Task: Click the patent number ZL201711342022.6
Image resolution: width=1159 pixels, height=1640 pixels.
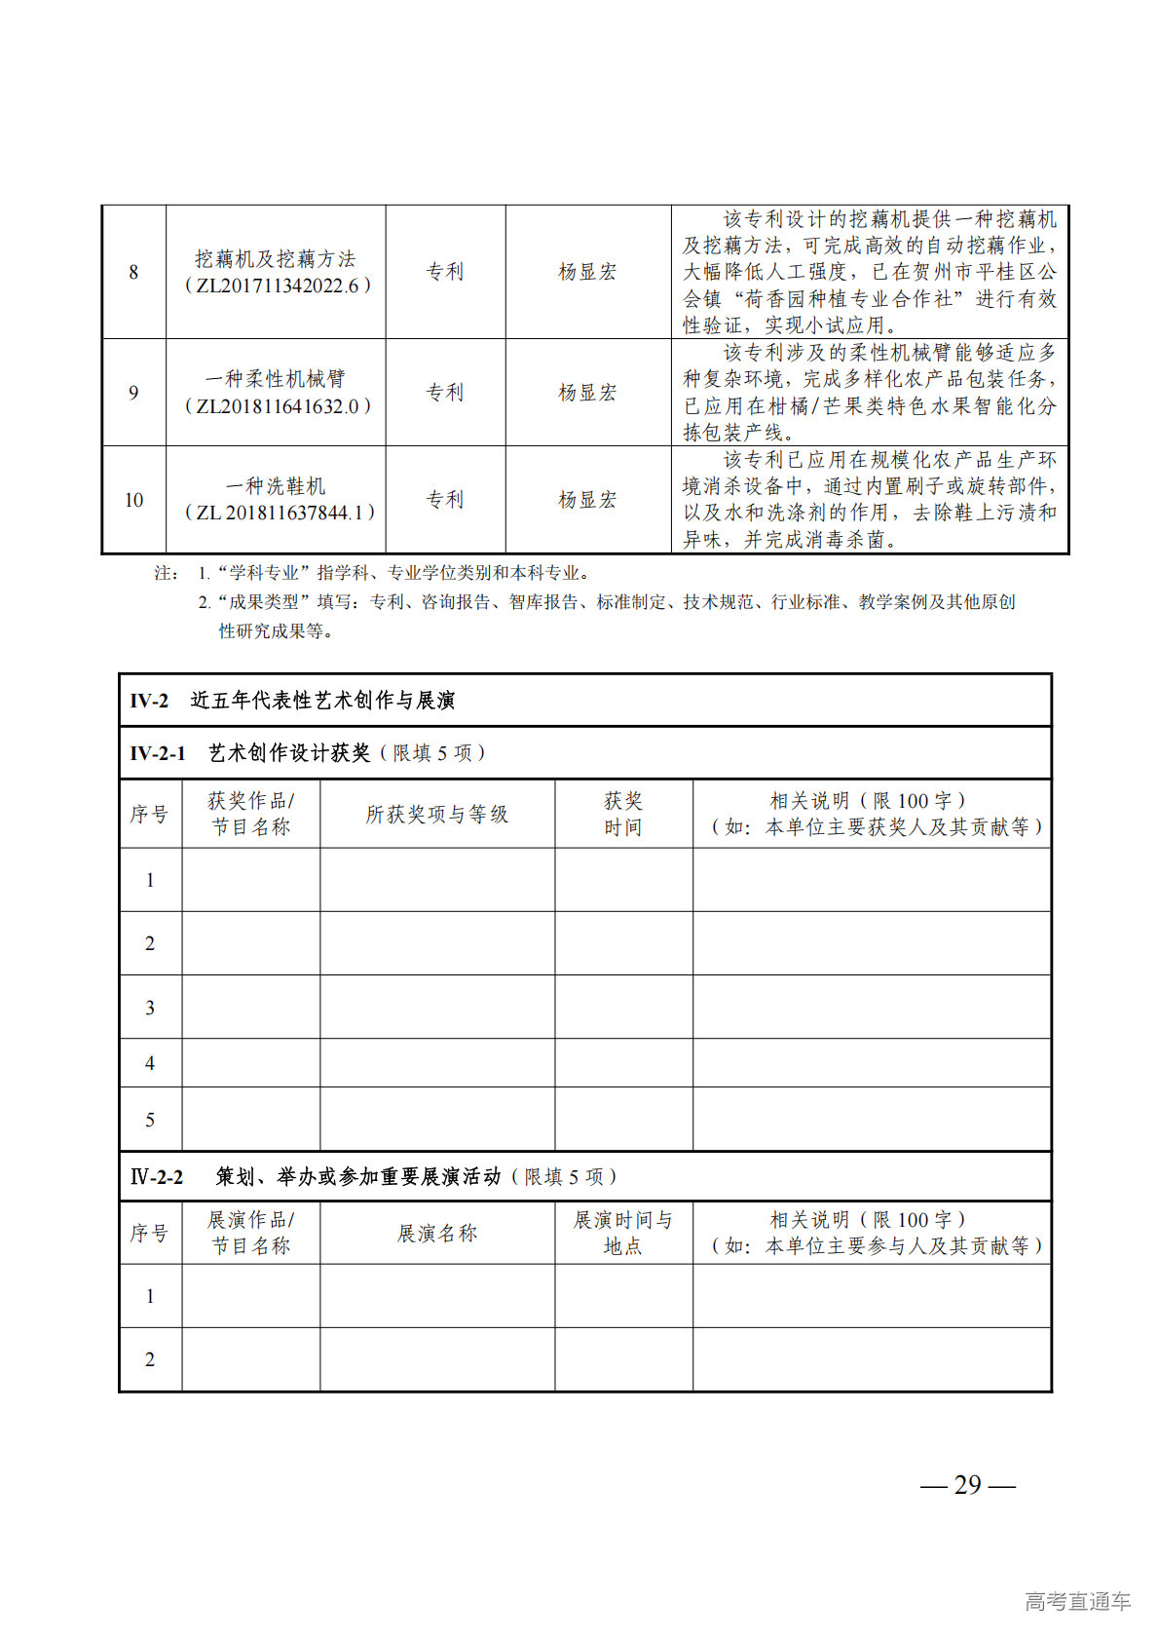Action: (x=278, y=286)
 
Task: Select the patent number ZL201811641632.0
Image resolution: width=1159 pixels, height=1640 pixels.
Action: (x=278, y=406)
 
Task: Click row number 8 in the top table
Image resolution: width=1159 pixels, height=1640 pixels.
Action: (x=133, y=272)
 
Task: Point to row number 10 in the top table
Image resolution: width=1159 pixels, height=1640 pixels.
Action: (x=133, y=500)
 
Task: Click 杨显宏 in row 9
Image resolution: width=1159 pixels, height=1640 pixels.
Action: (x=587, y=393)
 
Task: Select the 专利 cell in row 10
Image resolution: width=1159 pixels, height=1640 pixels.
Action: (x=445, y=500)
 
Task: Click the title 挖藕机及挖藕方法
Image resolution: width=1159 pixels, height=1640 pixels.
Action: (x=276, y=259)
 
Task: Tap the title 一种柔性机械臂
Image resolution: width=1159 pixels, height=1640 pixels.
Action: (x=276, y=379)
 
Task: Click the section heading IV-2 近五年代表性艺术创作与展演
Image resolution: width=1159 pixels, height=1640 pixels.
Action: (x=293, y=701)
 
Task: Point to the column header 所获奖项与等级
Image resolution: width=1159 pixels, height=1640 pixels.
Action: (x=437, y=815)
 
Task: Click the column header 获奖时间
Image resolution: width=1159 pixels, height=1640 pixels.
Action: (x=623, y=815)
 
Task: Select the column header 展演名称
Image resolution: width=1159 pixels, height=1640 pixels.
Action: (x=437, y=1234)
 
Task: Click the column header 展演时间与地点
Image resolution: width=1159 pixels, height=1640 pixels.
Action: (x=623, y=1233)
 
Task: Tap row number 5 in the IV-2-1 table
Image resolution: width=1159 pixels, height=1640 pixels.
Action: (x=150, y=1120)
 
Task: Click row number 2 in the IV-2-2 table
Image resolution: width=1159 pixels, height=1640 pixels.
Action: (x=150, y=1359)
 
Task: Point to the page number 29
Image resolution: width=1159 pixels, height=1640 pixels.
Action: (x=968, y=1485)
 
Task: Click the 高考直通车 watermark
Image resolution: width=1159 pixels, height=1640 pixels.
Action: (x=1077, y=1601)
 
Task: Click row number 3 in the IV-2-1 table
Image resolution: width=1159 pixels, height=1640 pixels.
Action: (x=150, y=1008)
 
